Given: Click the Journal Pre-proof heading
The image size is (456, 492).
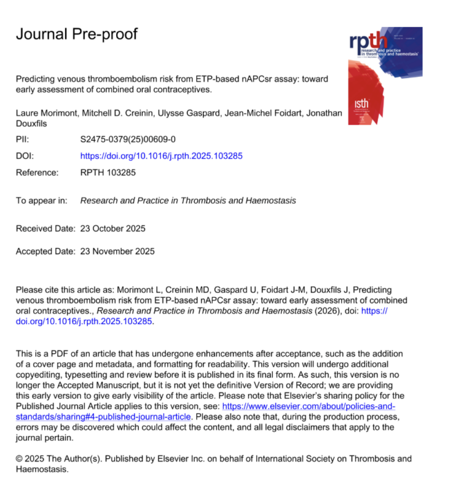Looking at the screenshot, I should [76, 34].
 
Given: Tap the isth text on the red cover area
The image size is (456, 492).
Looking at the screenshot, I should [362, 104].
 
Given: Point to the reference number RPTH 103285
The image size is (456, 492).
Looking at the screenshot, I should [108, 173].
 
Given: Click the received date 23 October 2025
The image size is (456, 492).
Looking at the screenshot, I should [113, 229].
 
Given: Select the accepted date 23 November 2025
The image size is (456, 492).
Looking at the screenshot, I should [117, 251].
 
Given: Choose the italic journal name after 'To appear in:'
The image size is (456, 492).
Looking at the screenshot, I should [188, 200].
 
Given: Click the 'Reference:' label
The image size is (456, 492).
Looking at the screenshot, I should [37, 173].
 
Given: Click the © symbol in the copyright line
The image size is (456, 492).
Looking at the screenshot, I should [19, 459].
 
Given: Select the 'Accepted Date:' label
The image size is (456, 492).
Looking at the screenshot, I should [45, 251].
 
